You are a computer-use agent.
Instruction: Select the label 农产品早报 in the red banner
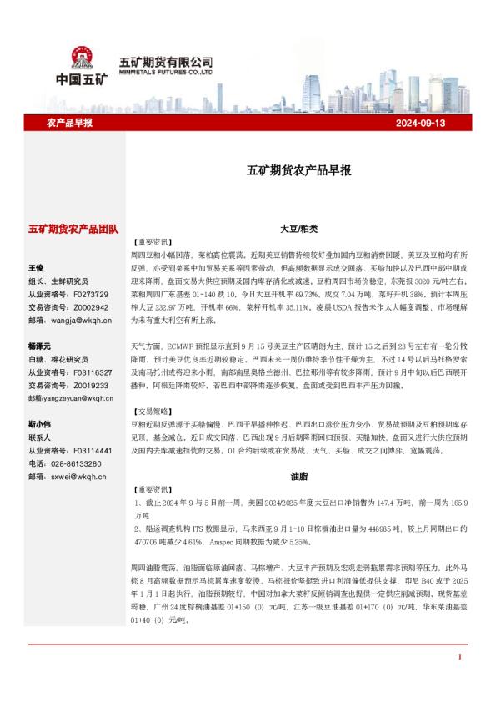(69, 123)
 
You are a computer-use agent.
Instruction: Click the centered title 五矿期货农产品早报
(298, 169)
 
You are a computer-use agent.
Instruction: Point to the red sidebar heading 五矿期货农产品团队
(73, 229)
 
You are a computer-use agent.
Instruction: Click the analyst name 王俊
(36, 269)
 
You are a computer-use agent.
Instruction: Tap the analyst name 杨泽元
(39, 346)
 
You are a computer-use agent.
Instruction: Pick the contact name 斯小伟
(39, 423)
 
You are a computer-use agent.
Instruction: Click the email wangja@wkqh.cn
(80, 320)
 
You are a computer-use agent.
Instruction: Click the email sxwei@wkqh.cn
(78, 476)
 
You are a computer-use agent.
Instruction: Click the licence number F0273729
(90, 294)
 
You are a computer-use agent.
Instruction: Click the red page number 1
(459, 680)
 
